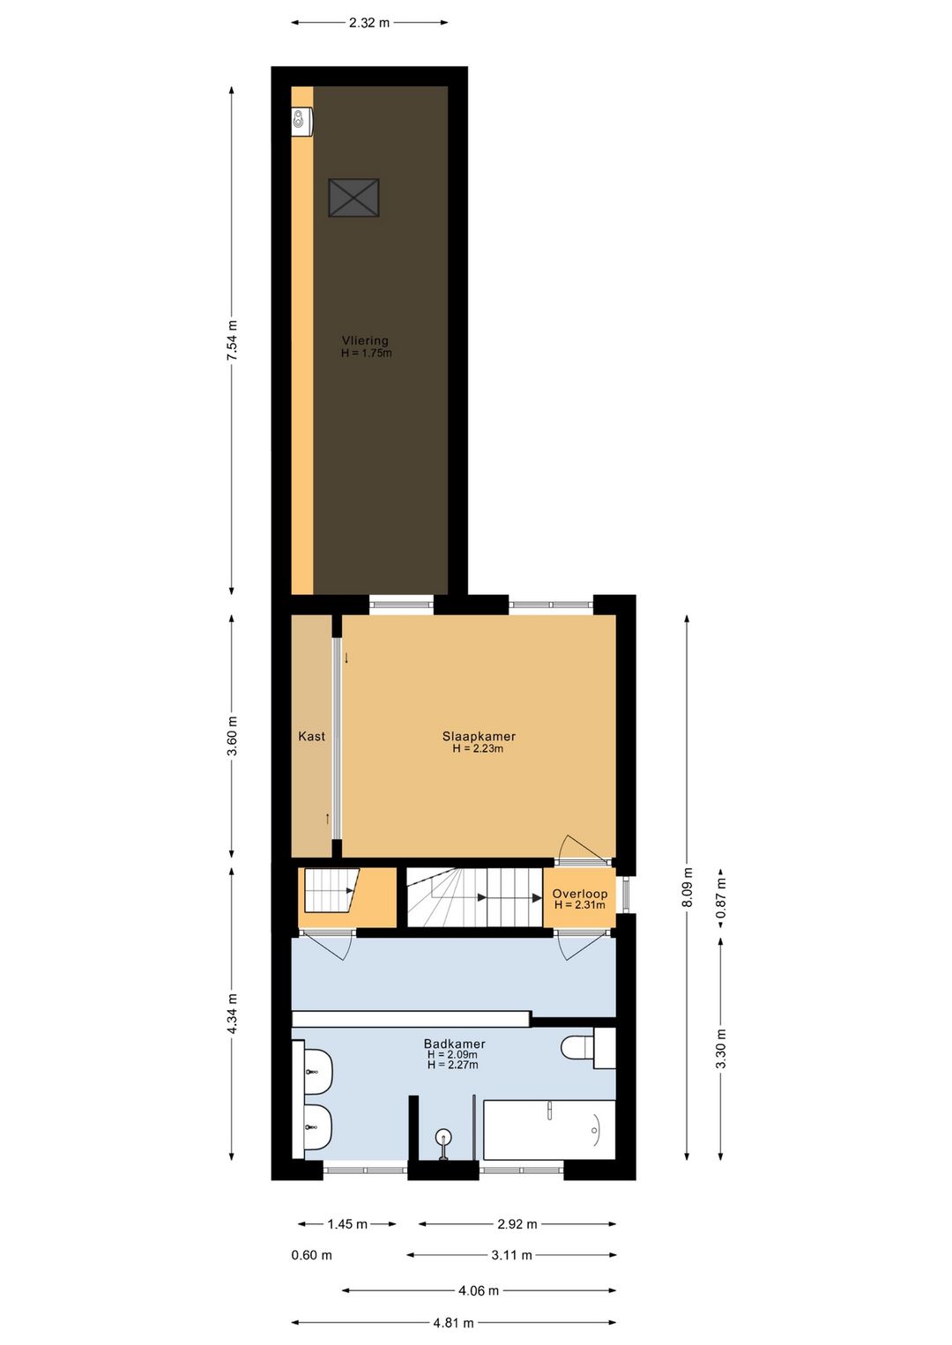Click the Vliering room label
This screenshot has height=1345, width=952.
pos(365,340)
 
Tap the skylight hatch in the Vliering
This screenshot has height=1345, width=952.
pos(353,197)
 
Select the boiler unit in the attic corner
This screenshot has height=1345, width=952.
pos(302,122)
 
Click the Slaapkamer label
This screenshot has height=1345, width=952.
pos(479,736)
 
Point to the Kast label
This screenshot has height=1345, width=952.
pos(311,736)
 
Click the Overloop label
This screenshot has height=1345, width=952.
pos(579,894)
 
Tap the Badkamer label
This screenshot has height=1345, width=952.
pos(454,1044)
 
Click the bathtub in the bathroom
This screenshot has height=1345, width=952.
pos(549,1129)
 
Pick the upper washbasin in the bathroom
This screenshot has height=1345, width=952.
pos(316,1071)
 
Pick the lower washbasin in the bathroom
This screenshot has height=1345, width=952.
pos(316,1127)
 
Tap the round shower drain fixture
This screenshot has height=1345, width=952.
pos(443,1137)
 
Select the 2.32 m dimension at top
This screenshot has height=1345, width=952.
pos(368,23)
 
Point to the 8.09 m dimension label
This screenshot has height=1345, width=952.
pos(688,887)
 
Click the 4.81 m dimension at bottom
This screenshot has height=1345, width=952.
pos(453,1322)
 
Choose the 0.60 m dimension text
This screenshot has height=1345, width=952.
pos(312,1255)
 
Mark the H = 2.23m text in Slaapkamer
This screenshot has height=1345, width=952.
pos(478,749)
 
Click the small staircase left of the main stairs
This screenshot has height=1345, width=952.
pos(331,890)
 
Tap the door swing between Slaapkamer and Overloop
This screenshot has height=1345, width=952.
pos(582,848)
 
